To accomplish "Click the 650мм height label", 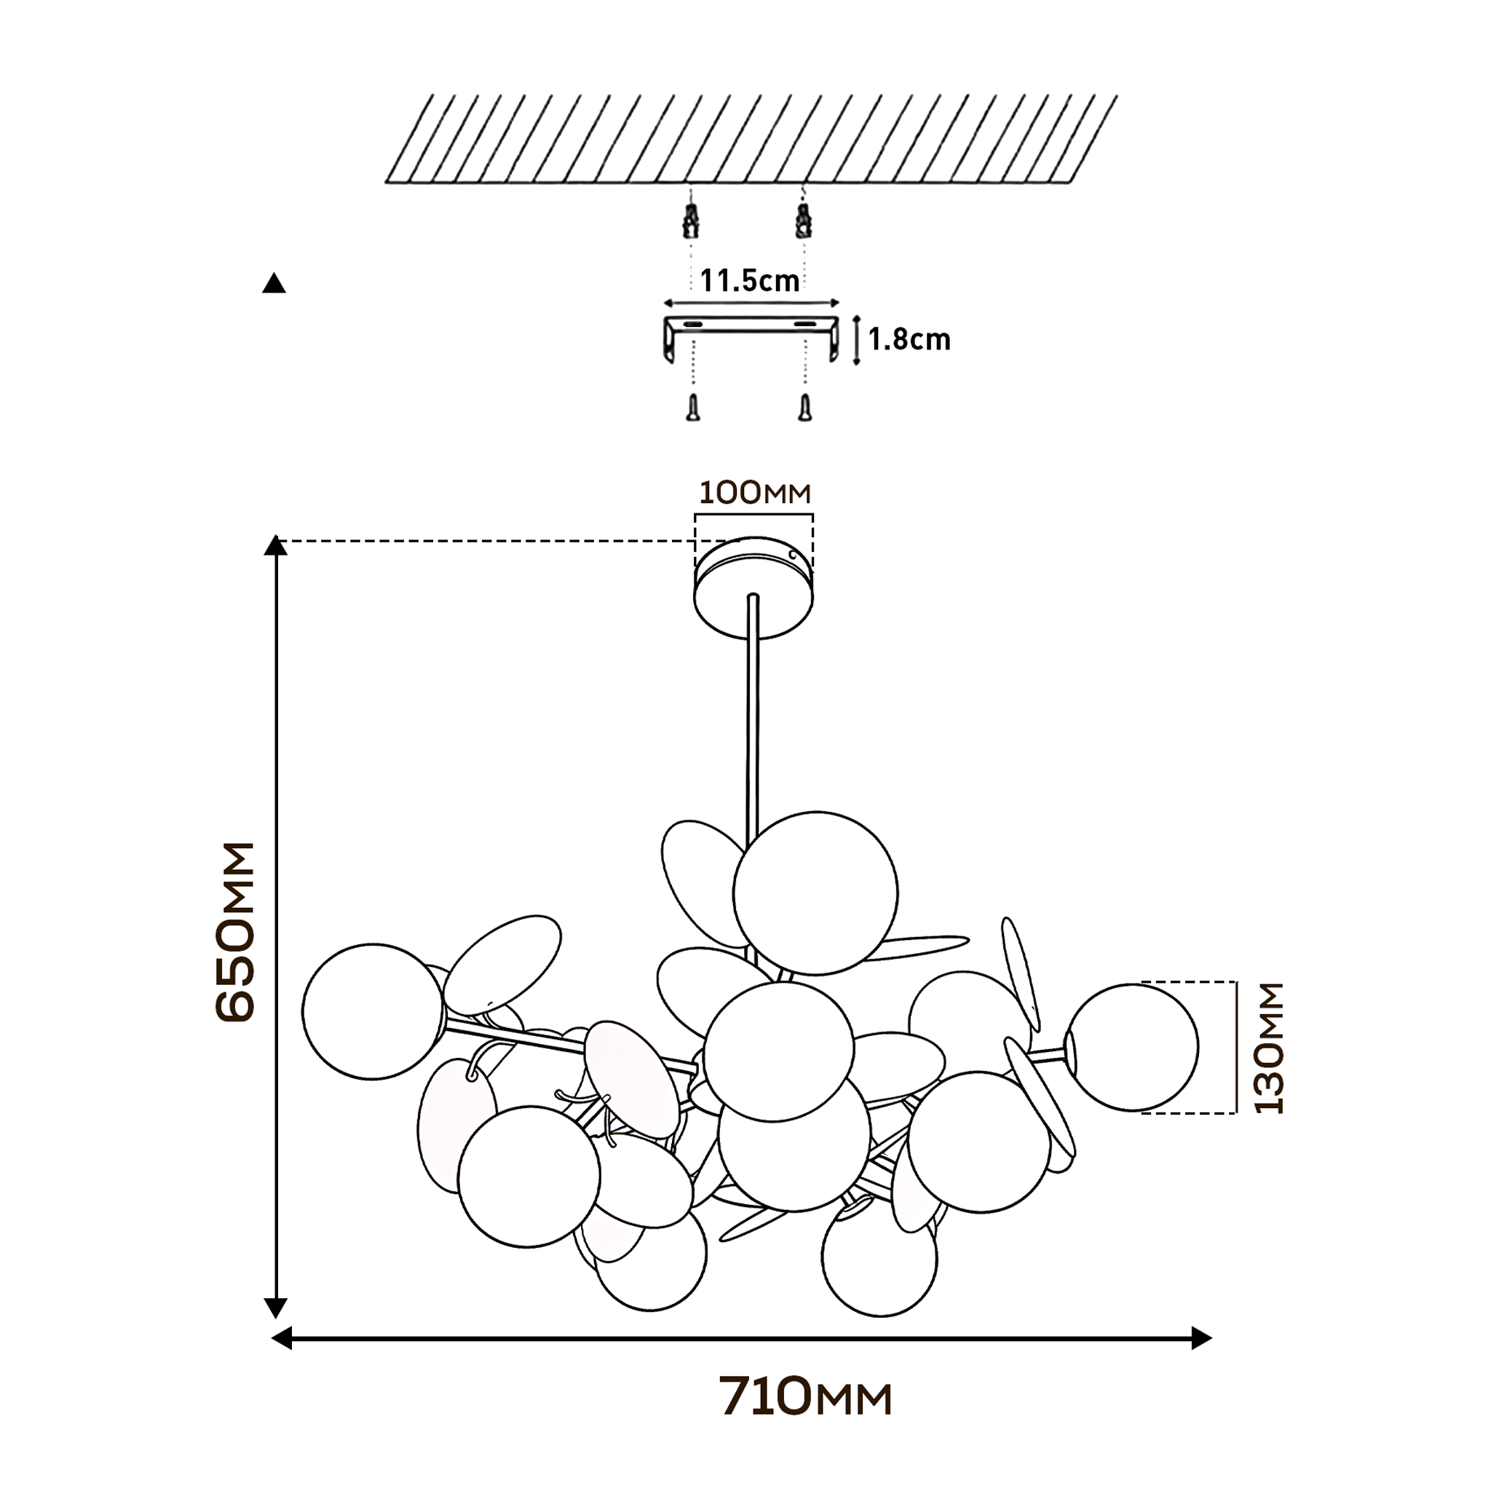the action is coord(234,933).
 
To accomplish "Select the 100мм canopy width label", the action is coord(755,492).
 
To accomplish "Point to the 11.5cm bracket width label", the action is coord(749,280).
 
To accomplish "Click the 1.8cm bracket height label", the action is coord(909,339).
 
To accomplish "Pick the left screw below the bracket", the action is coord(693,408).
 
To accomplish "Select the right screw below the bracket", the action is coord(805,408).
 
